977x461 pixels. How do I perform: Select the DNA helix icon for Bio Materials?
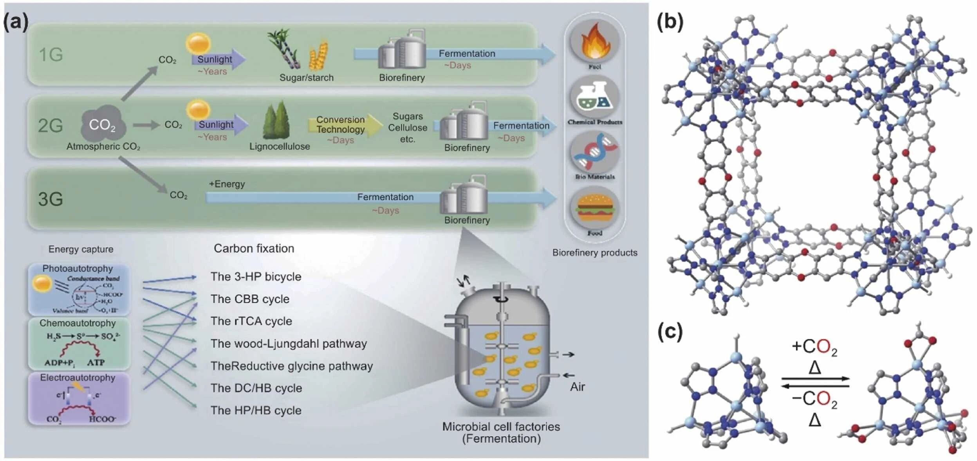(x=594, y=153)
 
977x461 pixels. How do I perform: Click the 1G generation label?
(x=51, y=54)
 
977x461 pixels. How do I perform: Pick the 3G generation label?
(x=51, y=199)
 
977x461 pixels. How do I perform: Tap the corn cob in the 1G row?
(x=318, y=56)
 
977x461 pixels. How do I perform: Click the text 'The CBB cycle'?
(x=250, y=299)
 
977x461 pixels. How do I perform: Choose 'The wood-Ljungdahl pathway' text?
(x=289, y=344)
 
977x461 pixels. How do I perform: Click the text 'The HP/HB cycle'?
(x=256, y=411)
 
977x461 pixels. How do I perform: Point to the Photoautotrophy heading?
(x=78, y=268)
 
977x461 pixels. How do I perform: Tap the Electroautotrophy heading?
(x=78, y=378)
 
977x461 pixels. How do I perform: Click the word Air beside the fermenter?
(x=577, y=387)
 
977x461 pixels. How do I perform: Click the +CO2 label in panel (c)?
(x=814, y=347)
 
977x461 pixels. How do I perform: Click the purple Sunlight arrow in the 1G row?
(x=218, y=59)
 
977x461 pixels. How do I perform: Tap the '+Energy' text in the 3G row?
(x=227, y=184)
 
